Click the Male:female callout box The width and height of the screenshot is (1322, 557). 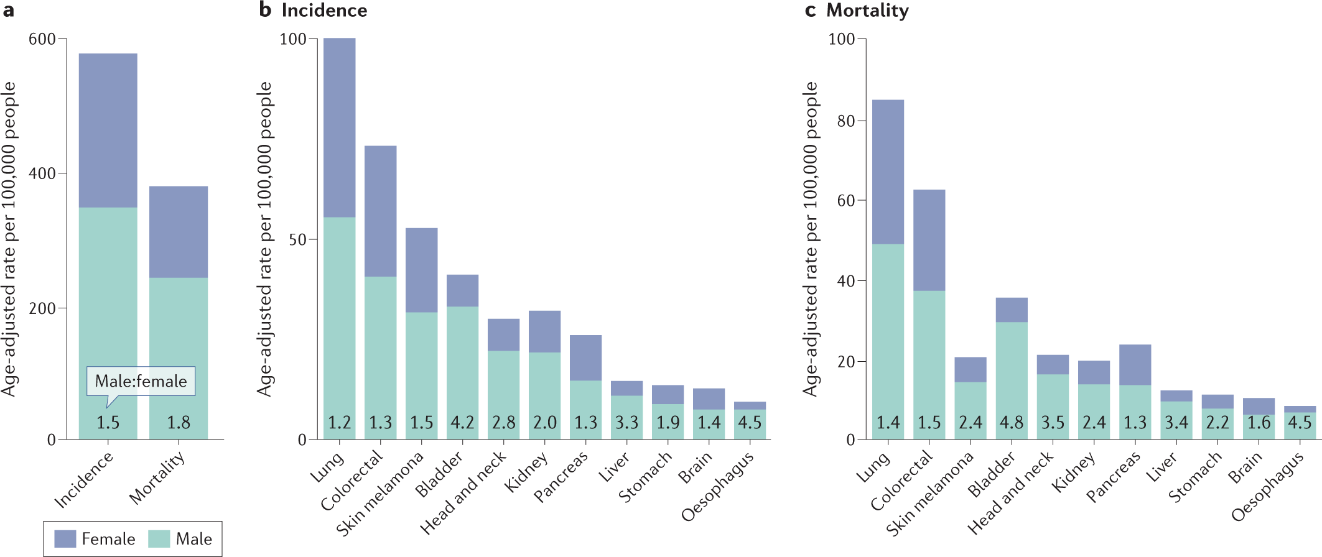coord(141,381)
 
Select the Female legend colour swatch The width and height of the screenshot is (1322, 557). coord(65,539)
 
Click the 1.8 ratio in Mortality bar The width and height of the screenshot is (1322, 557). coord(179,423)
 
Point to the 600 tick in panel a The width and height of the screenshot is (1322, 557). coord(42,39)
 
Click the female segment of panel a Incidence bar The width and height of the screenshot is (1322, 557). coord(108,131)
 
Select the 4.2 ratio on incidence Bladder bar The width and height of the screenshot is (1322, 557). coord(462,423)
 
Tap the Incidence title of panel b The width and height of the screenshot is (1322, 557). coord(324,11)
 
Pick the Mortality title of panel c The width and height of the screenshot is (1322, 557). coord(867,11)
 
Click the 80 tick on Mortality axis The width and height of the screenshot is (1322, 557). coord(846,121)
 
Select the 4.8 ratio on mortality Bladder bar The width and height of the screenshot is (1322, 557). coord(1012,423)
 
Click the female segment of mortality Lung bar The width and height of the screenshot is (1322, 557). coord(888,172)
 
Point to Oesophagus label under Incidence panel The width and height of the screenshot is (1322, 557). coord(717,487)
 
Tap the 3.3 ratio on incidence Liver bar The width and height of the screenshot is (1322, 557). coord(626,423)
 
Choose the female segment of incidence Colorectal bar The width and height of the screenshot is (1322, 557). coord(380,211)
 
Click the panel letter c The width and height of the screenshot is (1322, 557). coord(810,11)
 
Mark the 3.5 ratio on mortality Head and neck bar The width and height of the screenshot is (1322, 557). coord(1053,423)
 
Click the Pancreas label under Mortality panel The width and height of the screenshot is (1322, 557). coord(1114,476)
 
